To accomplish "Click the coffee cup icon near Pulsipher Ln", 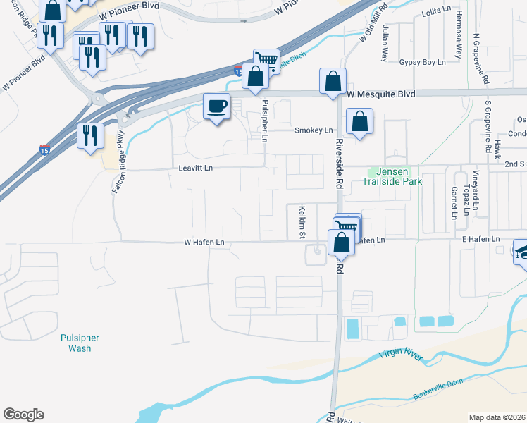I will tap(216, 107).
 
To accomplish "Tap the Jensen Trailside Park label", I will tap(395, 176).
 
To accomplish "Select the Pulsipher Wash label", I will tap(80, 343).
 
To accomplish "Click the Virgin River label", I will tap(400, 357).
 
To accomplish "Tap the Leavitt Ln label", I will tap(195, 168).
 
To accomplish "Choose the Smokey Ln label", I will tap(313, 130).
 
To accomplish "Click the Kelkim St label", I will tap(302, 221).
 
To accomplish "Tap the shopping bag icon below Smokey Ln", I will tap(359, 122).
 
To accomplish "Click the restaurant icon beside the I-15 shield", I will tap(90, 135).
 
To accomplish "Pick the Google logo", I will tap(23, 415).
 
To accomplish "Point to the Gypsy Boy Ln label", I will tap(422, 63).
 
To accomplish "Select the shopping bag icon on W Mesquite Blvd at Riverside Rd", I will tap(333, 82).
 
